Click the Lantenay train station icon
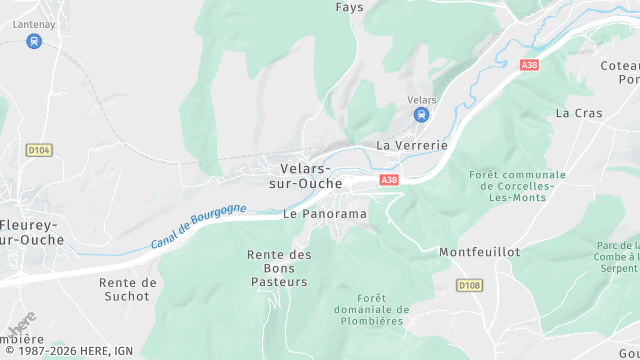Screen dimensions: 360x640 34,42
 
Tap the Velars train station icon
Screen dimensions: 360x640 421,115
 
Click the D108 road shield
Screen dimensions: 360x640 469,286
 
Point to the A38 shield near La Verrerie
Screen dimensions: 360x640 389,180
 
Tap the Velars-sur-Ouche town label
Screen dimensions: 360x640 307,176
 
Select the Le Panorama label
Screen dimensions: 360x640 324,214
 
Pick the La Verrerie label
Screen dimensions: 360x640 412,145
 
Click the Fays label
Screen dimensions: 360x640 349,7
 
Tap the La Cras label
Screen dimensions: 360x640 579,113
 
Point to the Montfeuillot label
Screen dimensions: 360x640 479,253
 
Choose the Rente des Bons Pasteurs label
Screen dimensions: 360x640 279,269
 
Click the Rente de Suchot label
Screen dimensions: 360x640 128,290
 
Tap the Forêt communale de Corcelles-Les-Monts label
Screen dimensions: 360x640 517,187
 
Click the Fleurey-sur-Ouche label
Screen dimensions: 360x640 30,232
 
